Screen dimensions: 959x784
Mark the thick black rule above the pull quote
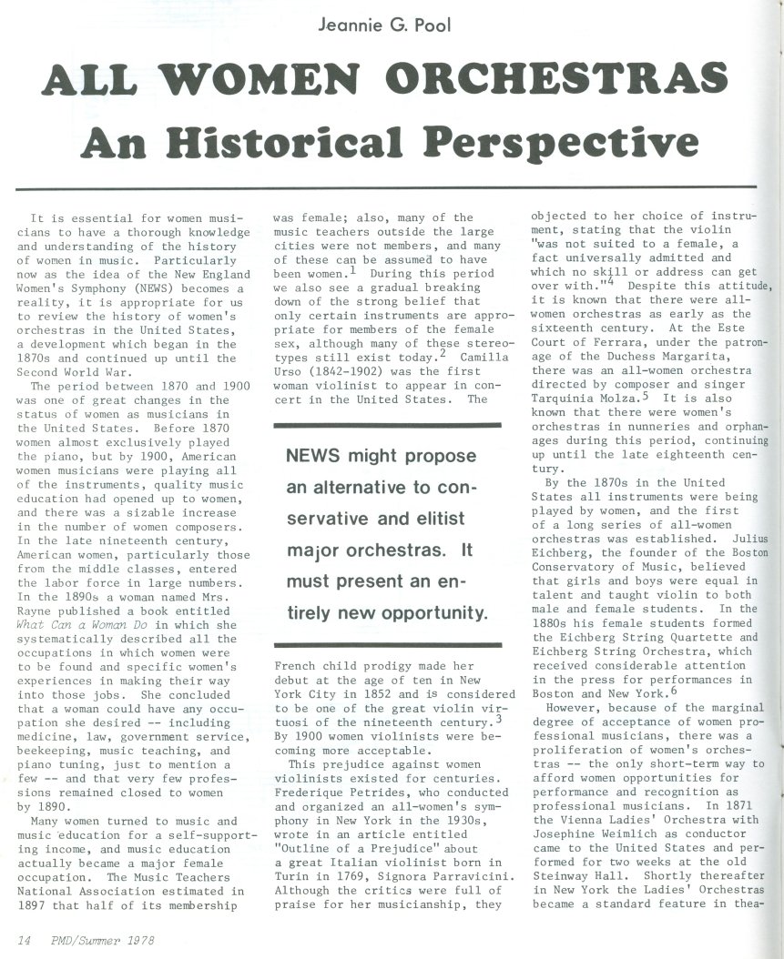(387, 425)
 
